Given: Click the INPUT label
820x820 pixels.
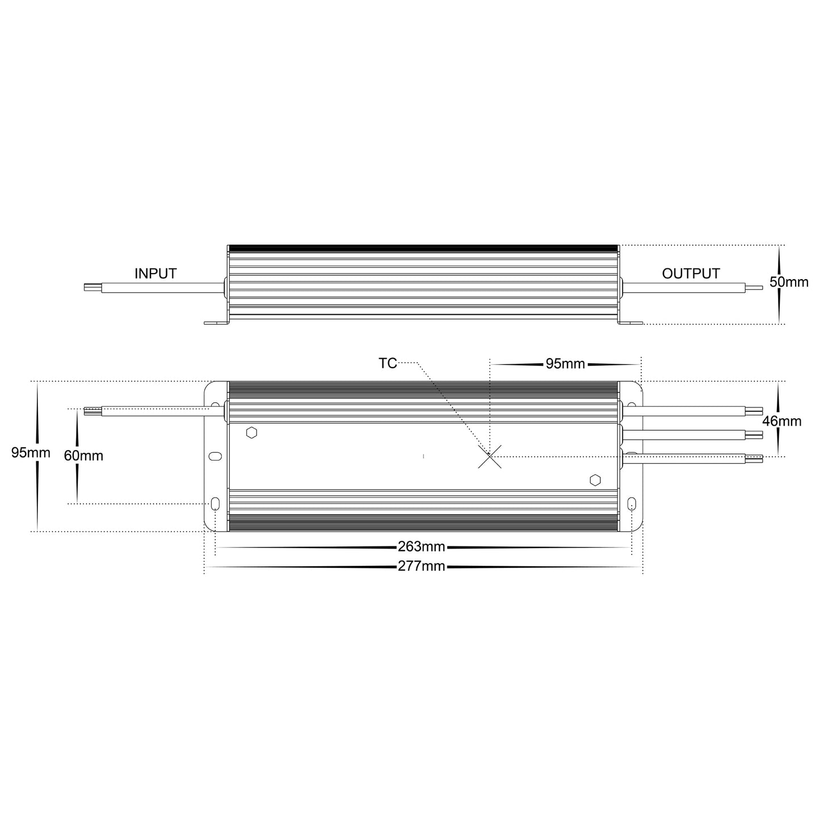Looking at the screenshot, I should click(x=155, y=274).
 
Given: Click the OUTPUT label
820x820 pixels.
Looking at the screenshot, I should click(x=691, y=274).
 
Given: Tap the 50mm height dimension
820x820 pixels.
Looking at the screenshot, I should click(x=789, y=281).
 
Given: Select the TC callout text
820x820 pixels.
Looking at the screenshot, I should click(x=388, y=363).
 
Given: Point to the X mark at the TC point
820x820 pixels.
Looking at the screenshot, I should click(x=489, y=456).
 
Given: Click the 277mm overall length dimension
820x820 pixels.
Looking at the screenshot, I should click(x=421, y=566).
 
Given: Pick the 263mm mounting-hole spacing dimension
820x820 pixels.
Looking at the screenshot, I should click(x=421, y=547).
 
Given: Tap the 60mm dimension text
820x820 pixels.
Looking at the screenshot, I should click(x=83, y=455).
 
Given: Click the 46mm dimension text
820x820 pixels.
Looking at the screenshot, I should click(x=782, y=420).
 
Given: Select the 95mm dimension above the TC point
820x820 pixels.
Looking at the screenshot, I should click(x=565, y=364).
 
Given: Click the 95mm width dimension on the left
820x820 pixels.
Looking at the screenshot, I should click(x=31, y=453).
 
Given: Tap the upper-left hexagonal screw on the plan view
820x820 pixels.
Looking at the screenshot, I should click(x=252, y=433).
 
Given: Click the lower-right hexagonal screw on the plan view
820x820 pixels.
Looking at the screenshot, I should click(x=595, y=480).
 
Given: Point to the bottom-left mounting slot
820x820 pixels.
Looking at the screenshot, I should click(x=216, y=504).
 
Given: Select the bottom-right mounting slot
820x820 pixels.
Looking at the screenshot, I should click(x=632, y=504).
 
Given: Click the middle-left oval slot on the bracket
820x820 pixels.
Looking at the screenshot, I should click(x=216, y=456).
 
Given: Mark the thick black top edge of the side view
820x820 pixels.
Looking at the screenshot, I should click(x=422, y=248).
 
